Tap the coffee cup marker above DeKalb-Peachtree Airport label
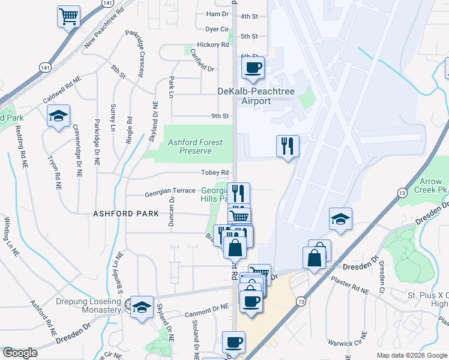253,67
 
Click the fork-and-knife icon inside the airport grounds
288,146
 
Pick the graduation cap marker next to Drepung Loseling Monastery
142,308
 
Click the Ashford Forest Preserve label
194,146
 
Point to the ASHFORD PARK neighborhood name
126,214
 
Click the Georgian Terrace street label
170,191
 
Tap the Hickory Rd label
216,44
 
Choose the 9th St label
220,116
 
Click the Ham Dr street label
217,14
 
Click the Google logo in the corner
20,353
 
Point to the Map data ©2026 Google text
411,355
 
